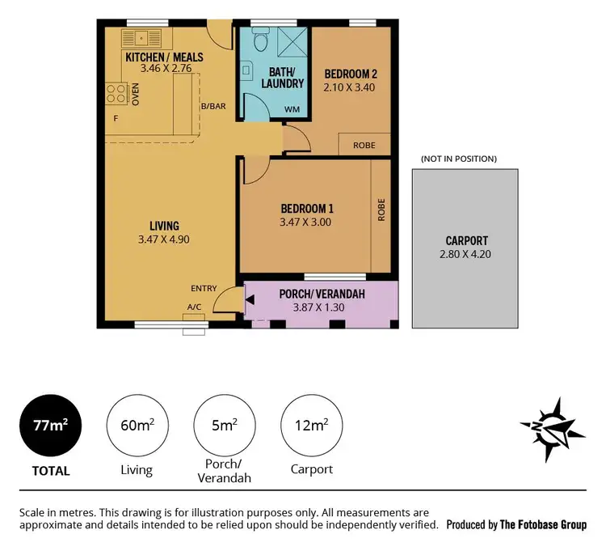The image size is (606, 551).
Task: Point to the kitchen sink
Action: [141, 37]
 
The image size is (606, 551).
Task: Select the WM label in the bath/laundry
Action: [291, 110]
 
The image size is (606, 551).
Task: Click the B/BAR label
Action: [213, 106]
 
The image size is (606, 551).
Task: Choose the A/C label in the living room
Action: [194, 307]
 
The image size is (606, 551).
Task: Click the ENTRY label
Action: [203, 288]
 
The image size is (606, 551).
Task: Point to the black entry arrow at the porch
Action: [250, 301]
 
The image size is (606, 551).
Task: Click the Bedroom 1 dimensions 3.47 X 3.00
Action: [306, 222]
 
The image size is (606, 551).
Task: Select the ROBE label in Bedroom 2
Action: [364, 146]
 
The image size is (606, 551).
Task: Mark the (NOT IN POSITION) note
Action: [458, 159]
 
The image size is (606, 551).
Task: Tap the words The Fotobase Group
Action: [543, 524]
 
